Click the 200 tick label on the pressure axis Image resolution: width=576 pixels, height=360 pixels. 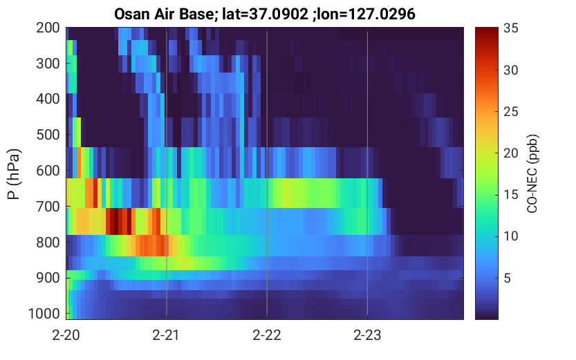[x=48, y=28]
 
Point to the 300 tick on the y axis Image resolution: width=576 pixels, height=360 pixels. [x=48, y=64]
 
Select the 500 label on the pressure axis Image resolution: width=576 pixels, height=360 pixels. [x=48, y=135]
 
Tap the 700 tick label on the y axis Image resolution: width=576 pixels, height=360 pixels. [x=48, y=207]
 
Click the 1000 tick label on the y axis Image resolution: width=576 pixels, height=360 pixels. [x=44, y=314]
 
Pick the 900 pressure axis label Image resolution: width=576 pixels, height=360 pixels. [x=48, y=278]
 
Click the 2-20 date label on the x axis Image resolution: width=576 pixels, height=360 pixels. [x=66, y=335]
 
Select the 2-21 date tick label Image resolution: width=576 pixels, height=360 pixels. [x=166, y=335]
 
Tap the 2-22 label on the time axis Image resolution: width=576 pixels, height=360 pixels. [x=267, y=335]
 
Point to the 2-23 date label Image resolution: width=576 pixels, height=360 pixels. [x=367, y=335]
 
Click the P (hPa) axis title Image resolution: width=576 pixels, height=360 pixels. [x=14, y=174]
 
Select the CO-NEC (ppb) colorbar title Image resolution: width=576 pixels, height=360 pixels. [x=532, y=173]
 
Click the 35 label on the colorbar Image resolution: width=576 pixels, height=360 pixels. [x=510, y=28]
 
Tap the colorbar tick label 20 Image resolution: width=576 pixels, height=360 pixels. [x=510, y=153]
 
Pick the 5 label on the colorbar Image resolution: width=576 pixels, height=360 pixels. [x=508, y=278]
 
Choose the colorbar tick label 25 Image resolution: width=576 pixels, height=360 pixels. [x=510, y=111]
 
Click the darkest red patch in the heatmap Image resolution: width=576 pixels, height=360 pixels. [x=114, y=221]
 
